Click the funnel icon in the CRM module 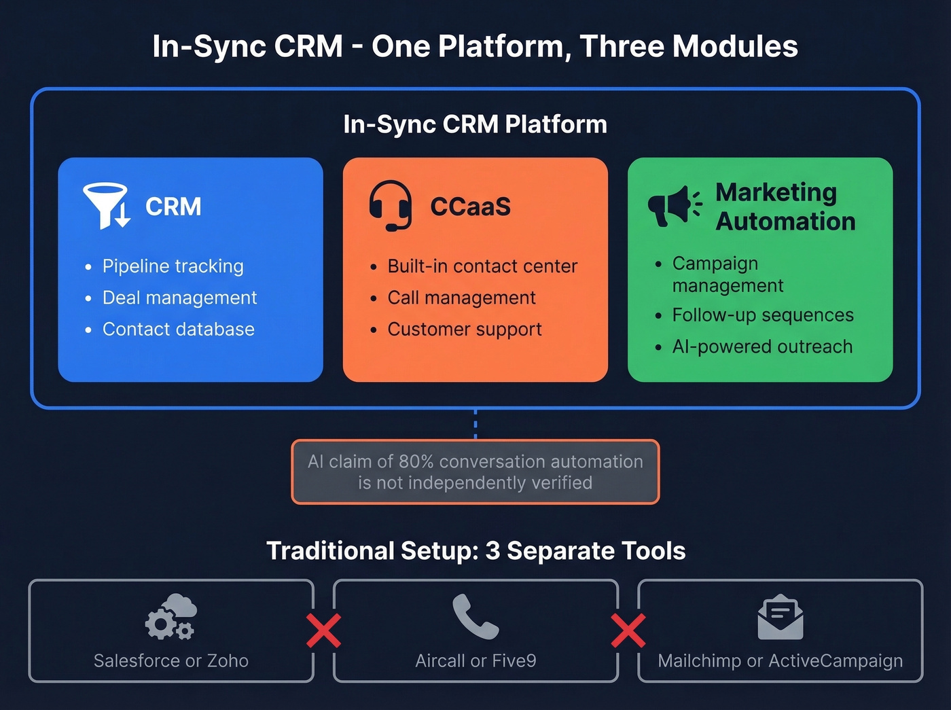click(105, 205)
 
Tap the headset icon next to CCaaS click(391, 205)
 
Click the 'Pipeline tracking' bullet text click(173, 266)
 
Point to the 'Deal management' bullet click(179, 298)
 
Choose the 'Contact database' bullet click(178, 330)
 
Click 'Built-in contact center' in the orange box click(482, 266)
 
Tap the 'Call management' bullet click(461, 298)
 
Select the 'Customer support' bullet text click(465, 330)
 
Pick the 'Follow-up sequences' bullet click(763, 315)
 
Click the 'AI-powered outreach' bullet click(762, 347)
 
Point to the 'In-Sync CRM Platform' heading click(475, 124)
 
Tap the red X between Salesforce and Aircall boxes click(323, 631)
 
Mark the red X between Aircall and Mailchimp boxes click(628, 631)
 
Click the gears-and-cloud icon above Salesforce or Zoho click(171, 617)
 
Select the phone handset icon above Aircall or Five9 click(475, 617)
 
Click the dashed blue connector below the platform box click(475, 424)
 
